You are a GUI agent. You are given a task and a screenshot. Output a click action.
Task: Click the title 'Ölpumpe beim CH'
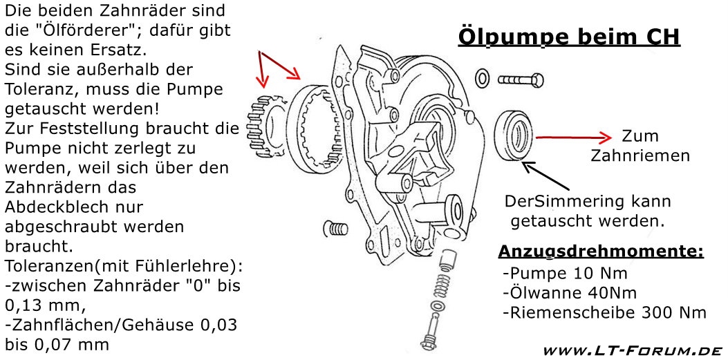click(569, 37)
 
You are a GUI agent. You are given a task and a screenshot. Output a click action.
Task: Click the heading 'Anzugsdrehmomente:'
click(600, 252)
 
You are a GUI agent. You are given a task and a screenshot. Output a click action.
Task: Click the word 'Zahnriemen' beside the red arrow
click(640, 156)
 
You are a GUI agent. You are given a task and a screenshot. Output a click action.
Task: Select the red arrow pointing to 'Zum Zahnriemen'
click(574, 138)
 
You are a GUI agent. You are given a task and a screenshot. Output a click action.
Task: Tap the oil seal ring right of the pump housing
click(514, 135)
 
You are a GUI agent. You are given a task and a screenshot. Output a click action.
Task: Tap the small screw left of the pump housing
click(333, 227)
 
